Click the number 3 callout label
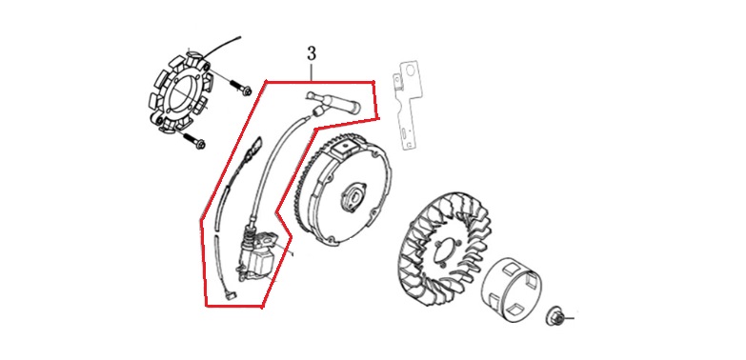[312, 53]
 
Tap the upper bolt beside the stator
[242, 89]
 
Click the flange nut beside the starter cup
[555, 316]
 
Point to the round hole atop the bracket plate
[408, 70]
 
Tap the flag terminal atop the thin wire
[256, 144]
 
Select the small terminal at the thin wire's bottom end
[230, 295]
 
